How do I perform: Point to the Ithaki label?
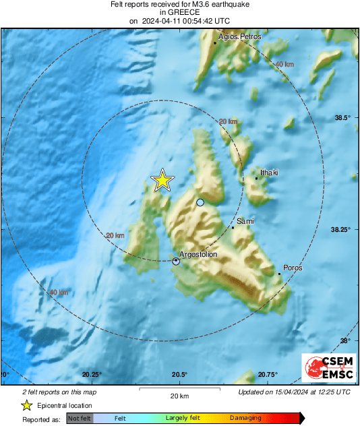point(269,173)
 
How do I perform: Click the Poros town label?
point(293,268)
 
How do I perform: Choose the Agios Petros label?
point(238,38)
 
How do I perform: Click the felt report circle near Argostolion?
point(176,261)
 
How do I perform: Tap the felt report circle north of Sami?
point(200,202)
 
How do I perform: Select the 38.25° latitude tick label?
point(340,230)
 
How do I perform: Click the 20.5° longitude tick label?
point(179,375)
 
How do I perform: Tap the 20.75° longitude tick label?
point(268,375)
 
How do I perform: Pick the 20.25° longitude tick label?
point(92,375)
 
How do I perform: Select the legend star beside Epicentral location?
point(26,405)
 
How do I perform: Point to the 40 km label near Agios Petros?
point(284,63)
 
